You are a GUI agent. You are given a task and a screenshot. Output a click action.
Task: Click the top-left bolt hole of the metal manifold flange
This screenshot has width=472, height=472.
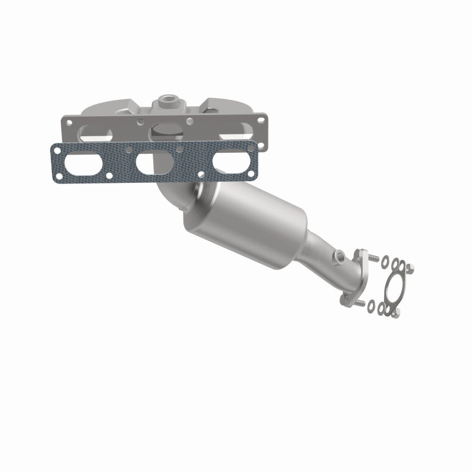[70, 122]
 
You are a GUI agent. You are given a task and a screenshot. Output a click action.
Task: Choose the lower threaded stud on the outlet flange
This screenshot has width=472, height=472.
[359, 305]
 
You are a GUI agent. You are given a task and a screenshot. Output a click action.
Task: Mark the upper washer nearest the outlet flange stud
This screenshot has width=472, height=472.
[385, 260]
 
